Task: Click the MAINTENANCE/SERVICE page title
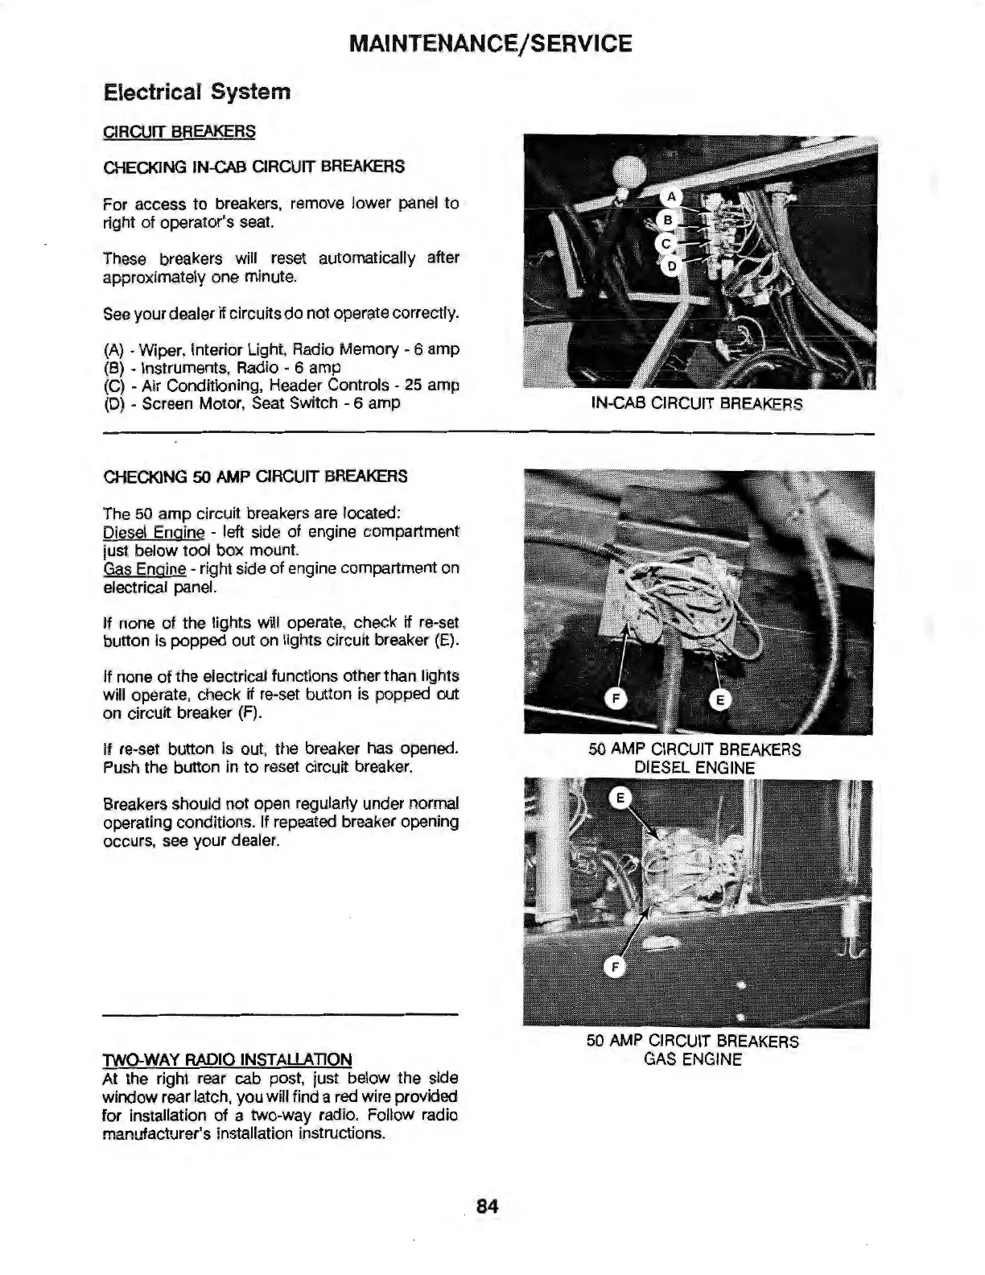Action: pos(491,43)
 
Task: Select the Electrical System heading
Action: pos(197,92)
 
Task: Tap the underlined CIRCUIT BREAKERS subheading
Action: pos(179,131)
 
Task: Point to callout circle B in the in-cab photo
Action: pos(666,220)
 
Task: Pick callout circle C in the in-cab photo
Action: pos(665,242)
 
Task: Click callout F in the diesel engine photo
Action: pos(616,699)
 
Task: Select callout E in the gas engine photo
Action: pos(619,798)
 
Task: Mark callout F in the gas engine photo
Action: pos(614,968)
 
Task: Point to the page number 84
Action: pos(488,1207)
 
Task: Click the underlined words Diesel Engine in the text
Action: pos(154,533)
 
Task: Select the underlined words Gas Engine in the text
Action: pos(145,569)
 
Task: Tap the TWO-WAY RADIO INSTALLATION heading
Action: pos(228,1059)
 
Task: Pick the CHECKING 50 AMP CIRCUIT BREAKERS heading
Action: pos(256,477)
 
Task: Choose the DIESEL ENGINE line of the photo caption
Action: pos(694,768)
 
